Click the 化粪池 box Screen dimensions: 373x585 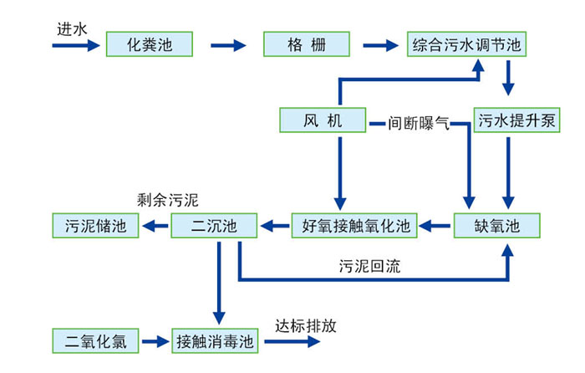[150, 43]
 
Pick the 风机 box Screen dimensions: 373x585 [323, 121]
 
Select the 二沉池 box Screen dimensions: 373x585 [214, 225]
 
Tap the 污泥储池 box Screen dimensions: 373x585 [94, 225]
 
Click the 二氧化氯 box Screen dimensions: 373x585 [94, 341]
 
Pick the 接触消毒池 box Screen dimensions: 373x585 [214, 341]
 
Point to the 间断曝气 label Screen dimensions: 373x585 [419, 125]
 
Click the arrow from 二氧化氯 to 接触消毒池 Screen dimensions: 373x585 [155, 341]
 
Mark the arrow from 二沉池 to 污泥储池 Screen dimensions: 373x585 [155, 225]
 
